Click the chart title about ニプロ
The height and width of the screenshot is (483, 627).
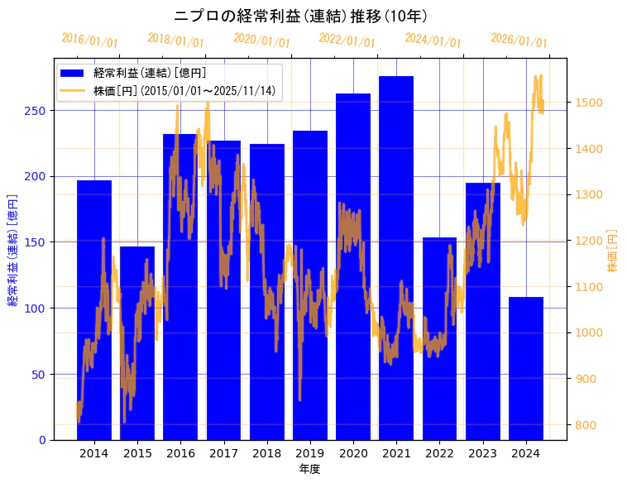[300, 17]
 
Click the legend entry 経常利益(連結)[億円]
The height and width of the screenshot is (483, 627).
[150, 73]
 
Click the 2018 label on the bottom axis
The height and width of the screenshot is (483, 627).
[266, 453]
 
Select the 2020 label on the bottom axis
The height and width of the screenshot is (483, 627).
[353, 453]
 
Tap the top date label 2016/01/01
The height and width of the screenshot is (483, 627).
[90, 41]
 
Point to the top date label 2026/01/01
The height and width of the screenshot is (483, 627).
[519, 41]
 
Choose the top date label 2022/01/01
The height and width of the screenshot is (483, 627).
[347, 41]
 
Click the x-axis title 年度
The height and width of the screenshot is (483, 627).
[309, 469]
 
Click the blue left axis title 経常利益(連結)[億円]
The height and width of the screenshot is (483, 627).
[12, 251]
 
